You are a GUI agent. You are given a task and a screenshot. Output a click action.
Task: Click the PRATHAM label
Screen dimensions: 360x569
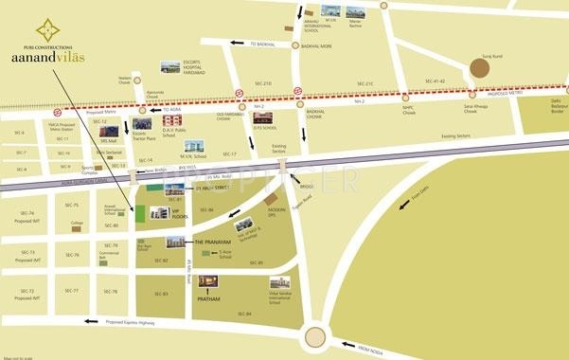coord(208,298)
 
